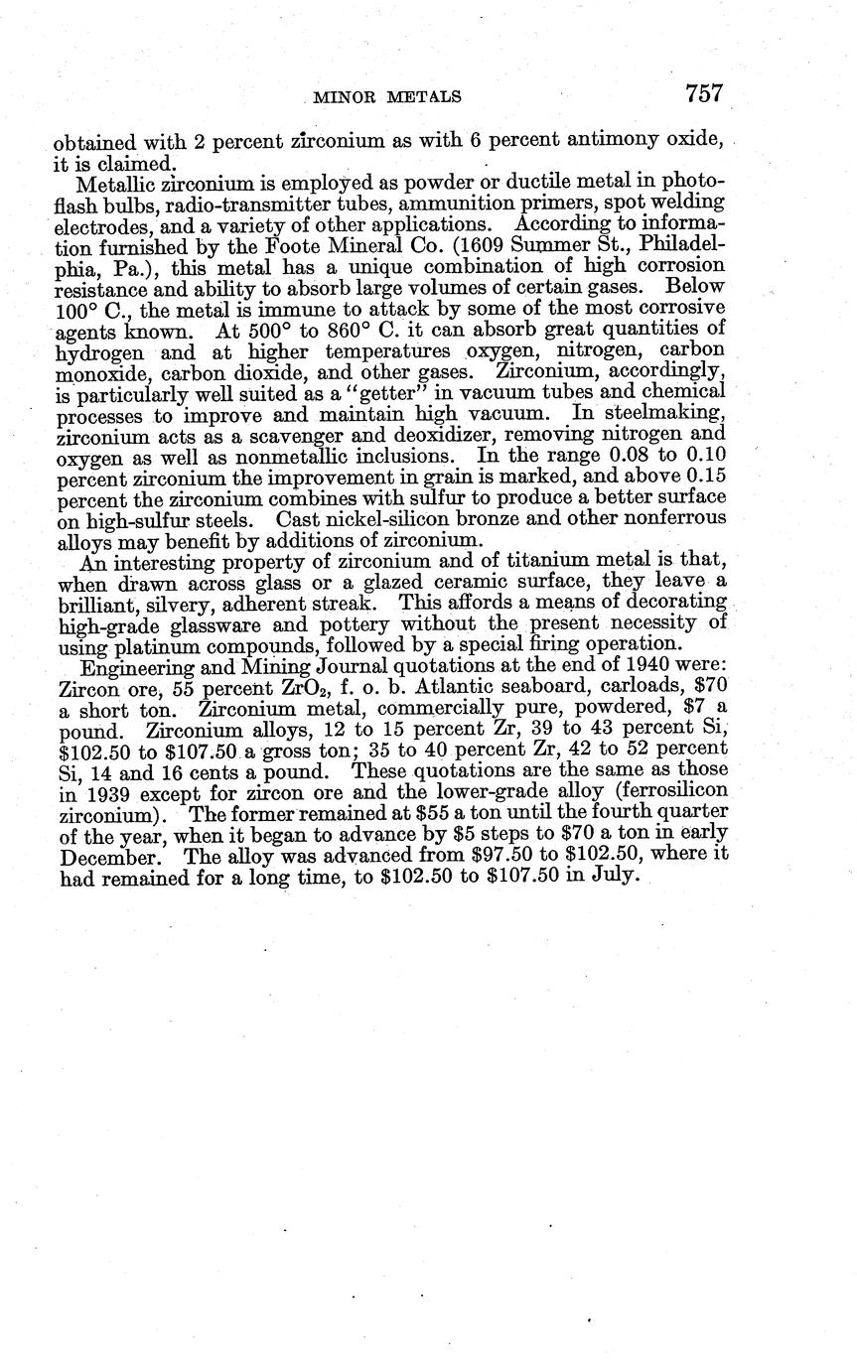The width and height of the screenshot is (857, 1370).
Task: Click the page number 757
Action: point(702,93)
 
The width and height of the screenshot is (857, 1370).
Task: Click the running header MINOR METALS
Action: point(386,96)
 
